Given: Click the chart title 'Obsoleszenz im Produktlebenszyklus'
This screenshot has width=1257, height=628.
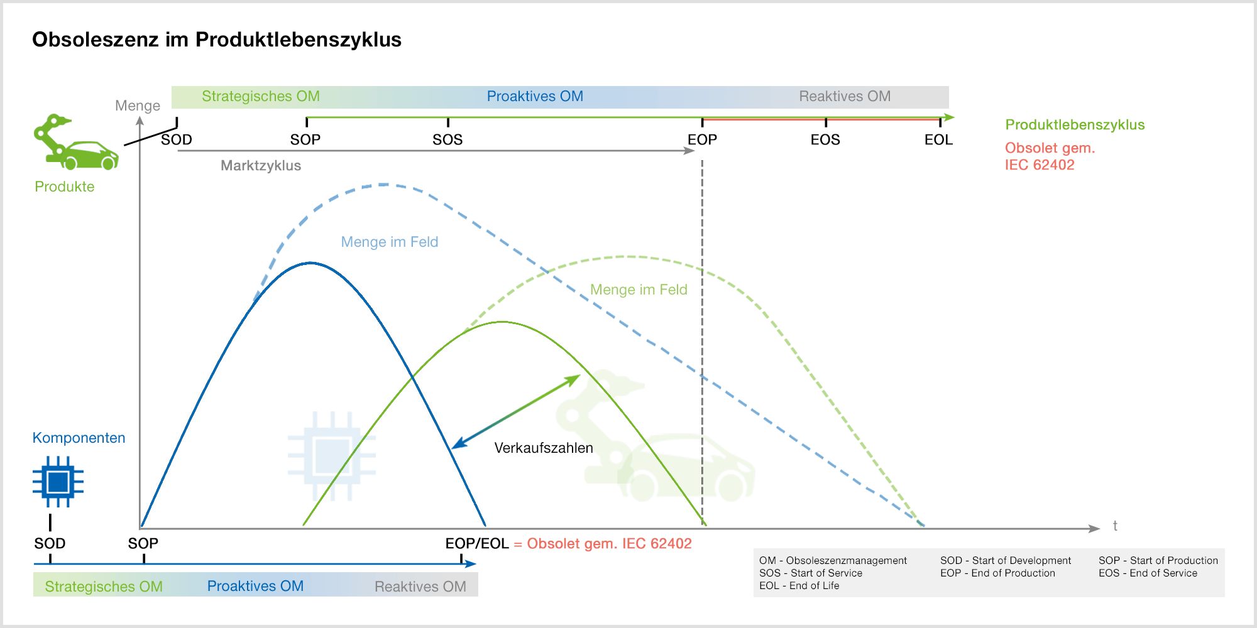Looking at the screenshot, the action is [x=217, y=40].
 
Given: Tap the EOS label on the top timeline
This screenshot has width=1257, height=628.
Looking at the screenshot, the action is [x=825, y=140].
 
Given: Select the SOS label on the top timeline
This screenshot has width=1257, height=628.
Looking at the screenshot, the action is [x=447, y=140].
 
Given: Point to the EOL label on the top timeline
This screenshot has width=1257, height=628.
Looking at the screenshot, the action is [x=938, y=140].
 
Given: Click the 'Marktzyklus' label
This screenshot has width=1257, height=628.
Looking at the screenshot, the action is [x=261, y=166].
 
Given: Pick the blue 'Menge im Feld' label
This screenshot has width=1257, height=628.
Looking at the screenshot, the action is [x=390, y=242].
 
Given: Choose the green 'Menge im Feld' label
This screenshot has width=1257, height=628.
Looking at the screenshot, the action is [x=639, y=290].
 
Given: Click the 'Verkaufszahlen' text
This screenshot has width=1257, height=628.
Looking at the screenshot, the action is [x=544, y=448].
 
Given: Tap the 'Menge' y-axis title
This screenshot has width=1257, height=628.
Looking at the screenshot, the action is [x=138, y=106].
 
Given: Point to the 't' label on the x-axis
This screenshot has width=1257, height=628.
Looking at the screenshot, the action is [x=1115, y=526].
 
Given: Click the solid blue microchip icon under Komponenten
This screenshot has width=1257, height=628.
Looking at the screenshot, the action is [x=58, y=482].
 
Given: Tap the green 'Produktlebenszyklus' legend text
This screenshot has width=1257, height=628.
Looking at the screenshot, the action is [x=1075, y=125].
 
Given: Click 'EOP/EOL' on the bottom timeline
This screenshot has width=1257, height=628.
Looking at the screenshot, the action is [x=477, y=544].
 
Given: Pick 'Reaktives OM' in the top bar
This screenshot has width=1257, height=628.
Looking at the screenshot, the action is [x=845, y=97].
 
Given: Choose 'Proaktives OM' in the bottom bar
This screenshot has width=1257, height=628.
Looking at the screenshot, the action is [x=255, y=586].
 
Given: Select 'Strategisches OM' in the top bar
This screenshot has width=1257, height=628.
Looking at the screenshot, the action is [x=261, y=97].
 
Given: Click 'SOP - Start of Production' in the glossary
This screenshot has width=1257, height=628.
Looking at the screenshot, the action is [x=1158, y=560].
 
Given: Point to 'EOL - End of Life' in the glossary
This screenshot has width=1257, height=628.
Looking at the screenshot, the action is [x=799, y=585].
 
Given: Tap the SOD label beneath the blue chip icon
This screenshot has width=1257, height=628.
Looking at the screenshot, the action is [x=50, y=544].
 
